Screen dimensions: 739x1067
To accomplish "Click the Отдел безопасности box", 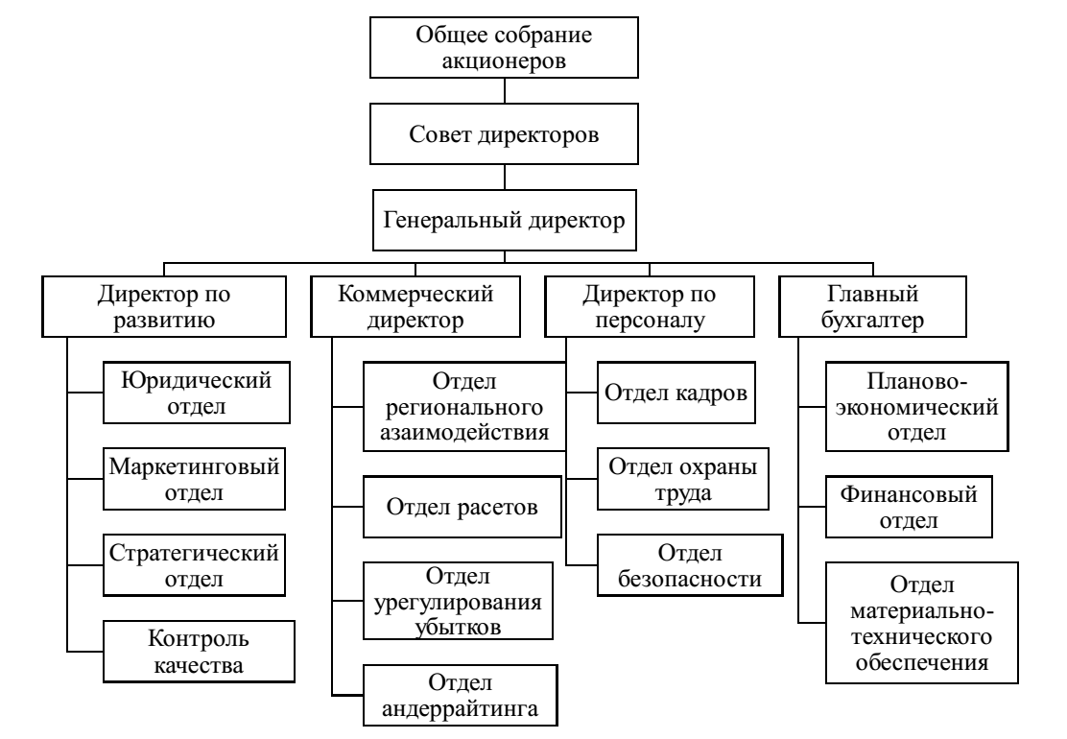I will pos(687,566).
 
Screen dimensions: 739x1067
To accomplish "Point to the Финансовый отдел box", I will pos(908,507).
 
